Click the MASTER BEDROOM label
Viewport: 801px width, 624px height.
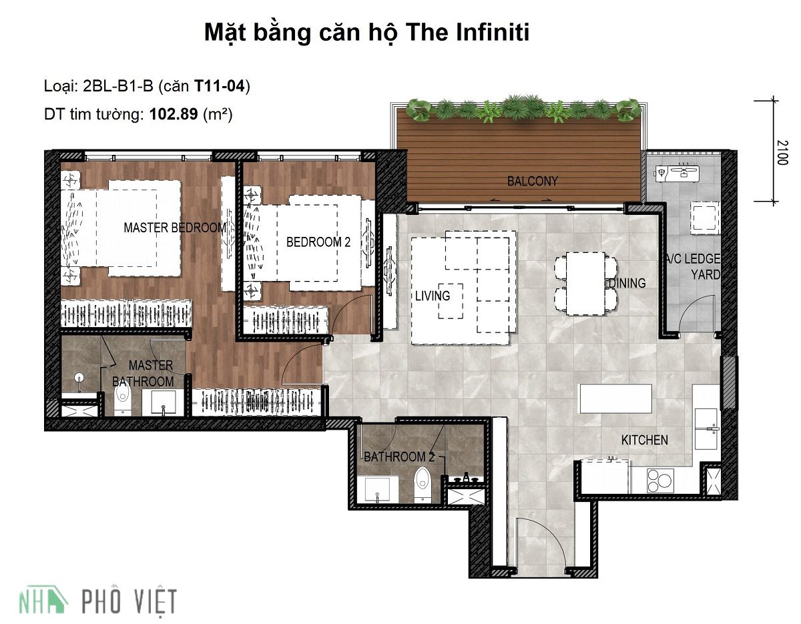[x=175, y=228]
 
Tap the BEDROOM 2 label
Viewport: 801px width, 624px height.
[x=318, y=242]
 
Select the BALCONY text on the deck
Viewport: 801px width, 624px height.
[x=532, y=181]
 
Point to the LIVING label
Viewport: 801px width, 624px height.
[x=432, y=295]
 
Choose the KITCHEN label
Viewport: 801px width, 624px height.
[x=644, y=440]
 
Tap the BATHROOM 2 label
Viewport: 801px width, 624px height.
[x=399, y=457]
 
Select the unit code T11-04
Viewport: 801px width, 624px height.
[x=220, y=85]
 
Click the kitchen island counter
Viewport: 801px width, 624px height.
[x=615, y=398]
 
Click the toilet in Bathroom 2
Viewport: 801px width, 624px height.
[x=422, y=484]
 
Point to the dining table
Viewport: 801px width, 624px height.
[x=585, y=283]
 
